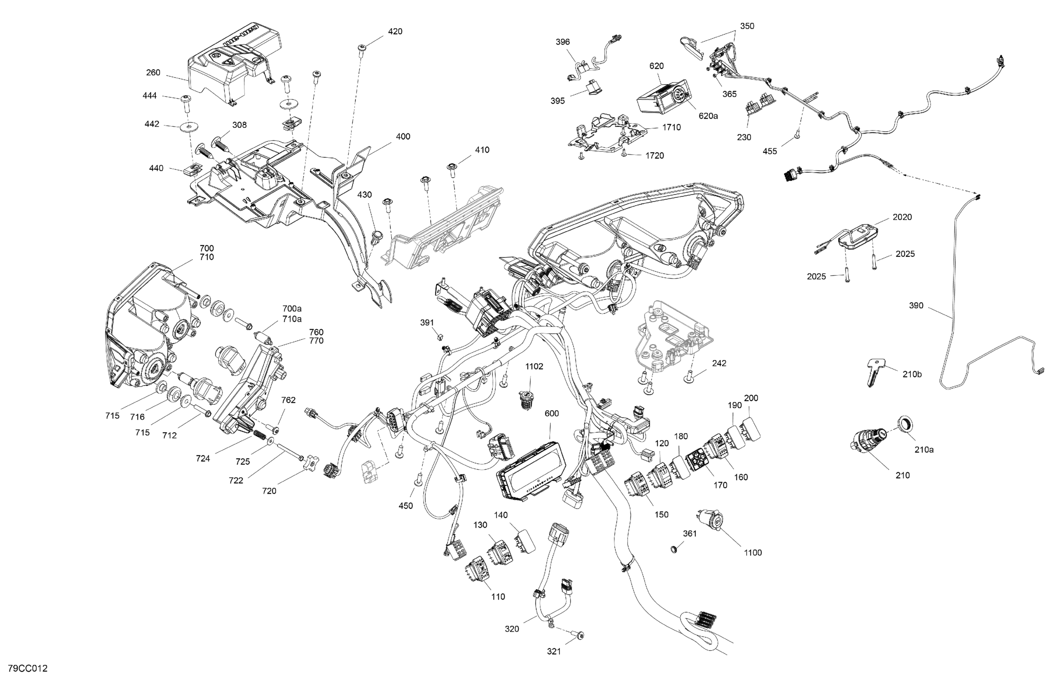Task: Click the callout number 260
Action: (153, 73)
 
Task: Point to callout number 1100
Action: (752, 552)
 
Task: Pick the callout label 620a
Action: (708, 116)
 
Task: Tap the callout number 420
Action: (395, 31)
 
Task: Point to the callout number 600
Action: (551, 413)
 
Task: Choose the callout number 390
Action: (916, 306)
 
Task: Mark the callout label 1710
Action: (671, 127)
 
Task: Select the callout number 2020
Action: (902, 217)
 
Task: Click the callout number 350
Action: (747, 26)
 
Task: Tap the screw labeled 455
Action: (797, 136)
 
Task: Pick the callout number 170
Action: (720, 485)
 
